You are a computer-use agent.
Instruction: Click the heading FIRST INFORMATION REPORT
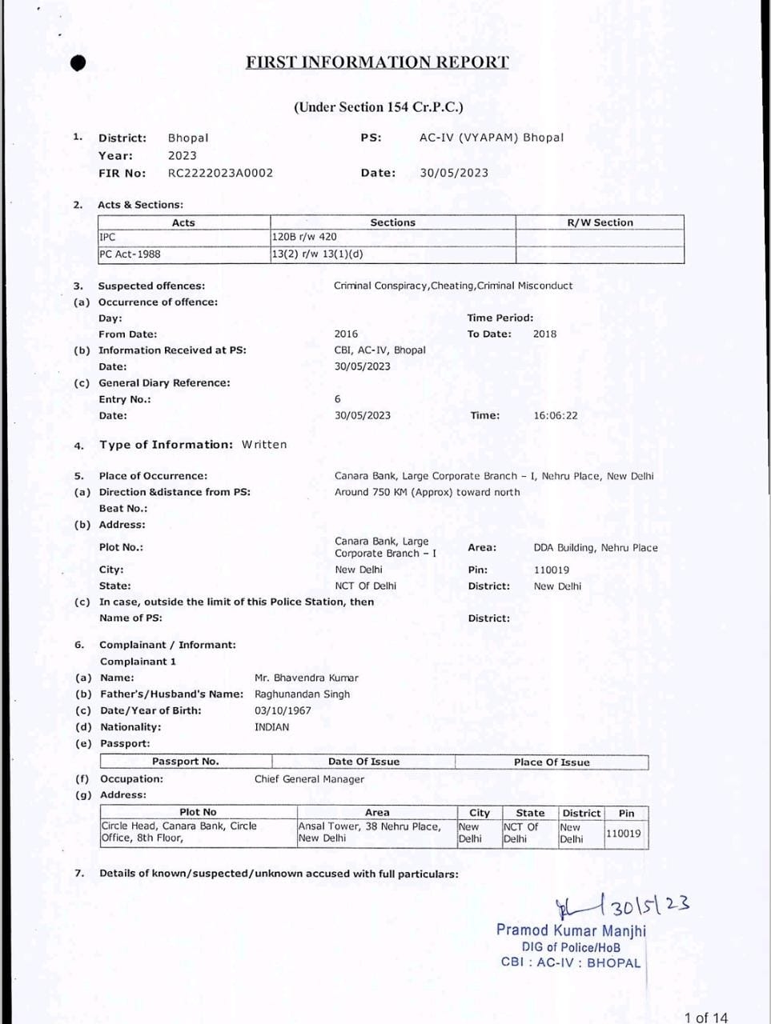pyautogui.click(x=377, y=62)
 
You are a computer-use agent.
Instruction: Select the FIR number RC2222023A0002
pyautogui.click(x=220, y=173)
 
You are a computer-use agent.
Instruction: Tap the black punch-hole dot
pyautogui.click(x=77, y=63)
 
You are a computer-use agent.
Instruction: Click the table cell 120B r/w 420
pyautogui.click(x=305, y=237)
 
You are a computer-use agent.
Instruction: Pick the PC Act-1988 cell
pyautogui.click(x=130, y=254)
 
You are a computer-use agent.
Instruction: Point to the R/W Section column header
pyautogui.click(x=600, y=222)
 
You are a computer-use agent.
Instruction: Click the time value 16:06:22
pyautogui.click(x=555, y=416)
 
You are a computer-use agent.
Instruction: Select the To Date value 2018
pyautogui.click(x=544, y=334)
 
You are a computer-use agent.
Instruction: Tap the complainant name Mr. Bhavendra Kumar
pyautogui.click(x=307, y=678)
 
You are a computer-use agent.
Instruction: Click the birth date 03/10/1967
pyautogui.click(x=283, y=710)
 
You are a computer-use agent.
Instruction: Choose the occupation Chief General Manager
pyautogui.click(x=309, y=779)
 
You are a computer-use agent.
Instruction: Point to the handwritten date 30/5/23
pyautogui.click(x=649, y=906)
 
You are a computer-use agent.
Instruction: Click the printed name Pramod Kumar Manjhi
pyautogui.click(x=571, y=930)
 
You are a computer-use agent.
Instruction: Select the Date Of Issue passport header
pyautogui.click(x=363, y=762)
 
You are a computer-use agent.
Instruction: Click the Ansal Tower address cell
pyautogui.click(x=369, y=832)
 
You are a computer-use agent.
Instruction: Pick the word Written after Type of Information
pyautogui.click(x=264, y=445)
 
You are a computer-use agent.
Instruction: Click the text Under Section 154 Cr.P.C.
pyautogui.click(x=378, y=107)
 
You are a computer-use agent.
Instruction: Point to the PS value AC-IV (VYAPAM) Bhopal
pyautogui.click(x=492, y=138)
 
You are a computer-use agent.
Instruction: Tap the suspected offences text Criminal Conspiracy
pyautogui.click(x=381, y=286)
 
